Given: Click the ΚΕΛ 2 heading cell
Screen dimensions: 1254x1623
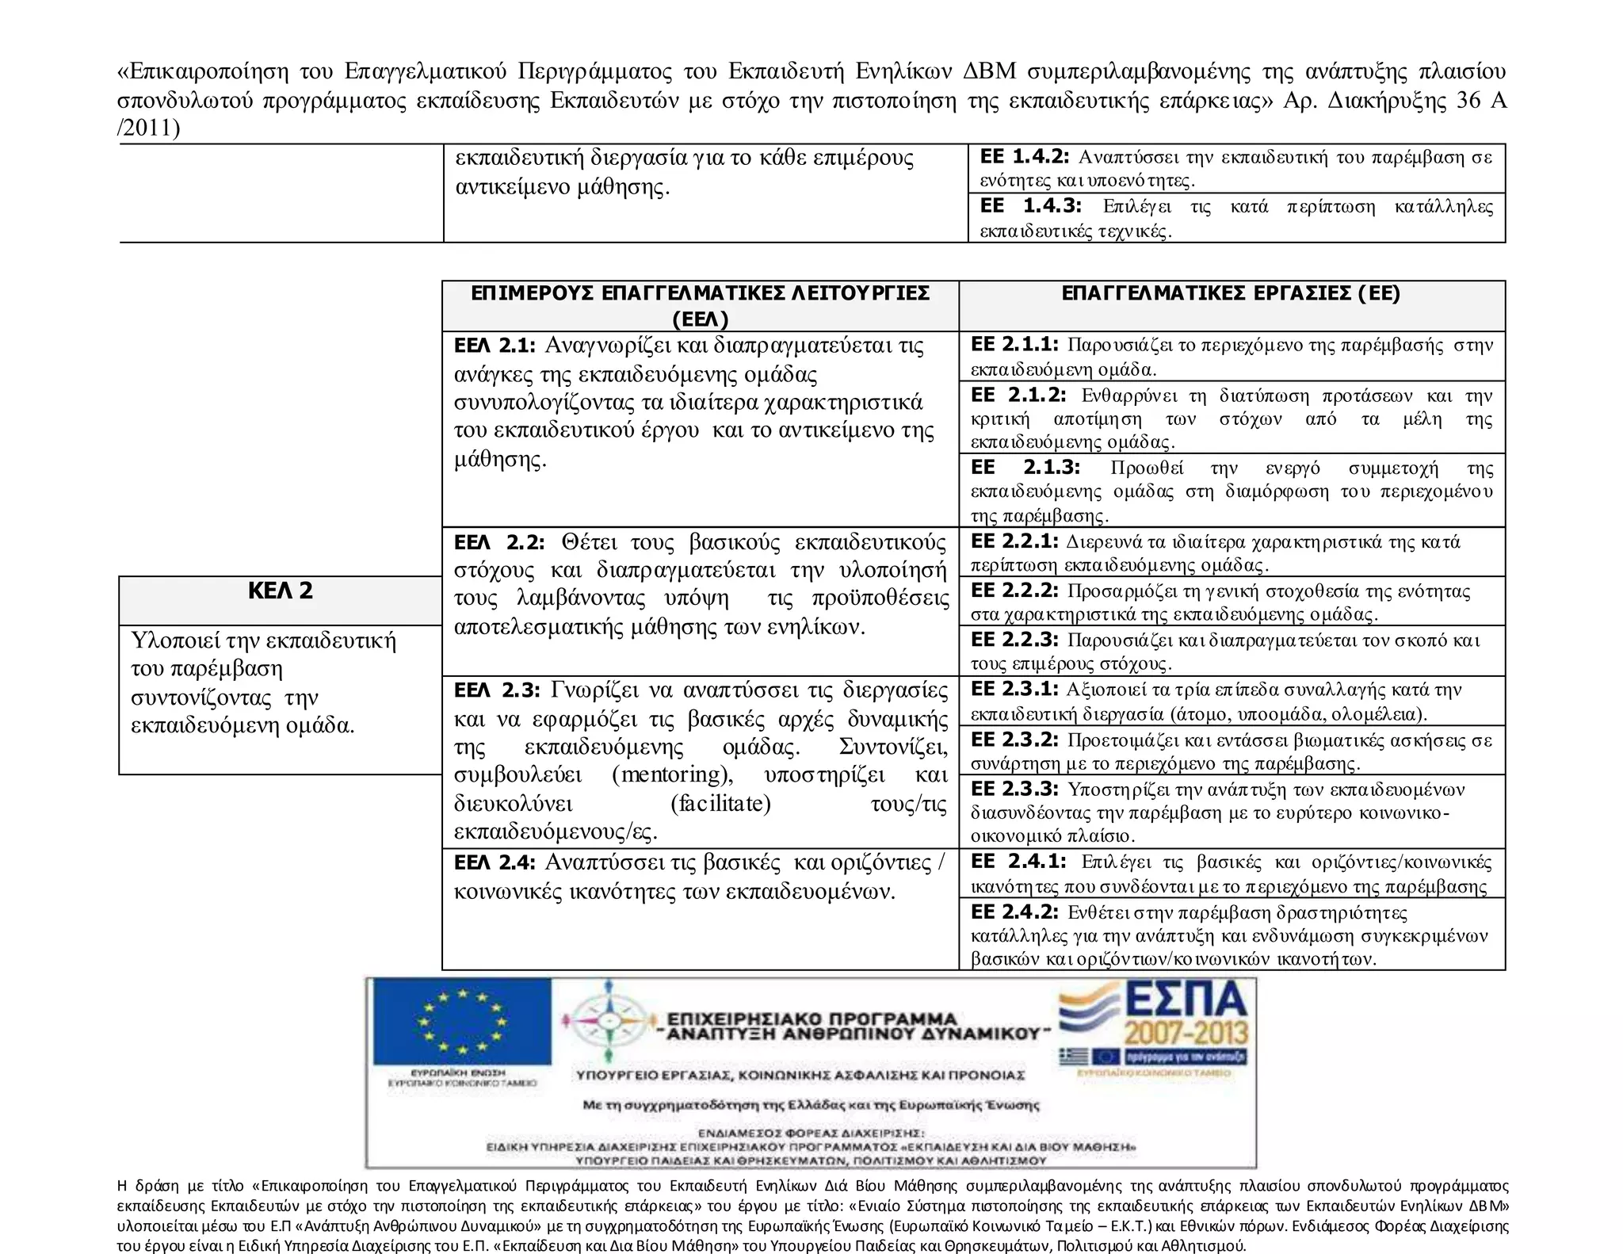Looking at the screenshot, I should coord(280,591).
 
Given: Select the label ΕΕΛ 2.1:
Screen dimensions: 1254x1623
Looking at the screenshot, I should coord(495,346).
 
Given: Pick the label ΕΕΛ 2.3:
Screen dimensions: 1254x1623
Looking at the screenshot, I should coord(497,690).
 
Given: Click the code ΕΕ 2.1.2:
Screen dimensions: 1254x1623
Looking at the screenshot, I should coord(1018,395).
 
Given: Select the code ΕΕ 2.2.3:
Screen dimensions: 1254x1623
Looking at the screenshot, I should coord(1014,640).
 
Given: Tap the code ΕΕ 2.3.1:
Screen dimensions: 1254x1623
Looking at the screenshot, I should coord(1014,689).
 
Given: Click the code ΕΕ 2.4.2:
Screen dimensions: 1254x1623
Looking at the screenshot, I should coord(1014,912).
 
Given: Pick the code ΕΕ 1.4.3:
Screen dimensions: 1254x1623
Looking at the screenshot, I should coord(1030,206).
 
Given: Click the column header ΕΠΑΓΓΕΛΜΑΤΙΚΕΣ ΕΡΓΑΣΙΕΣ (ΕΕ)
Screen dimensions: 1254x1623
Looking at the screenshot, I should coord(1231,294).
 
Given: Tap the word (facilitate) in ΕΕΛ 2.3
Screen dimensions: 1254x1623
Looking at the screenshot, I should coord(720,804).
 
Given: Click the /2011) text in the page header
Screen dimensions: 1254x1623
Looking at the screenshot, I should coord(148,128).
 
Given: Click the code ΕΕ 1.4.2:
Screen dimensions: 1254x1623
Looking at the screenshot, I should coord(1024,156).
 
